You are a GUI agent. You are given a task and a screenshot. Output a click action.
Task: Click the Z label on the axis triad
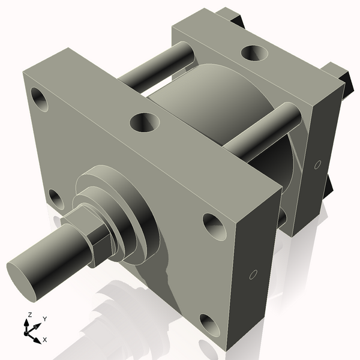click(30, 314)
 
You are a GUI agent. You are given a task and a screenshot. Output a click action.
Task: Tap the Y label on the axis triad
click(44, 319)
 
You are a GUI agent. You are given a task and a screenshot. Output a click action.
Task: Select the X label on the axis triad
click(44, 340)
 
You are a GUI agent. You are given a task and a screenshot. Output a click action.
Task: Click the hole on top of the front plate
click(145, 123)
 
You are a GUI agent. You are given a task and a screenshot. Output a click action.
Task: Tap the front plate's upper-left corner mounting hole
click(40, 99)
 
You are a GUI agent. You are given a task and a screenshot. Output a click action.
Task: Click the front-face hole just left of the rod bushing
click(56, 199)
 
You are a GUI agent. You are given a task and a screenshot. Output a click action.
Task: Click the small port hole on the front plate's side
click(253, 275)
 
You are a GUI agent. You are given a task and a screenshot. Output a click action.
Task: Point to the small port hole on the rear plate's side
click(318, 164)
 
